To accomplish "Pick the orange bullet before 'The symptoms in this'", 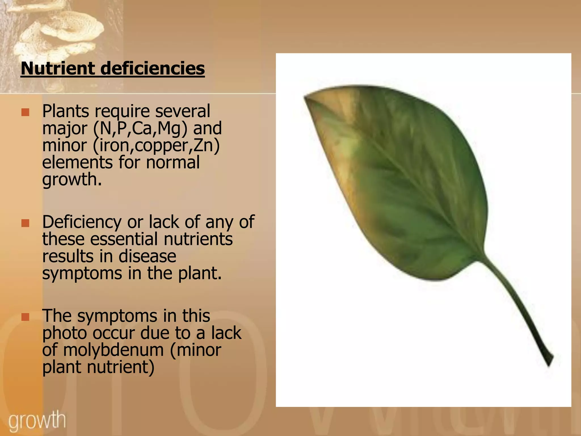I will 25,317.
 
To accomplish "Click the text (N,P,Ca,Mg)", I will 140,128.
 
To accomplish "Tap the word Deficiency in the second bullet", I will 82,222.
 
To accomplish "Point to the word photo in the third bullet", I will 64,333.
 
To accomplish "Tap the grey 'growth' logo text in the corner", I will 37,420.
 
